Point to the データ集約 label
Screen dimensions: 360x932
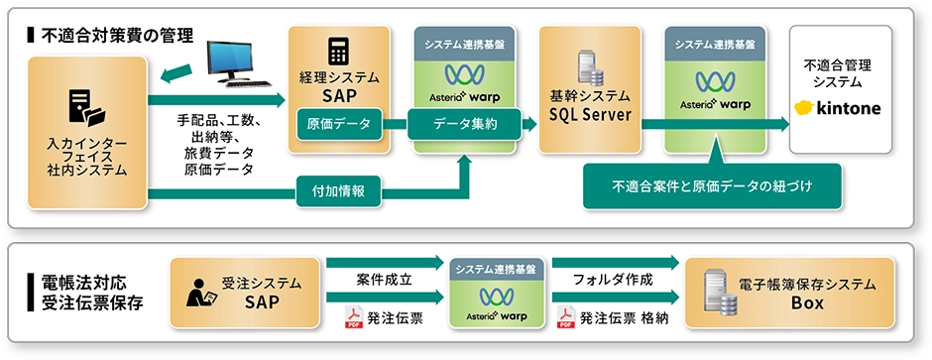tap(465, 124)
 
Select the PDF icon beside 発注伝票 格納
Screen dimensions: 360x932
tap(565, 318)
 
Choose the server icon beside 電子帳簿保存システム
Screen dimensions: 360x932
tap(713, 294)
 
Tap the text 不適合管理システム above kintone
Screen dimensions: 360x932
tap(837, 72)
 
